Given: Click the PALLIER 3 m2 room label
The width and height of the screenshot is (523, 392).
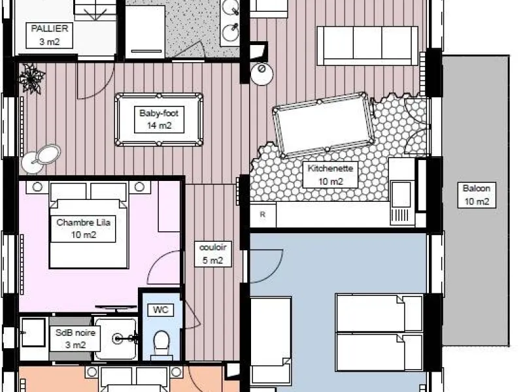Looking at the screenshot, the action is (x=50, y=35).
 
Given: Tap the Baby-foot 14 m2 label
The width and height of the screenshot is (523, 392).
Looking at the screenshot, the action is (x=159, y=120).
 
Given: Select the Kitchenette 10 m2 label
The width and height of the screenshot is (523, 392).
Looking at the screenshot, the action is (x=330, y=175).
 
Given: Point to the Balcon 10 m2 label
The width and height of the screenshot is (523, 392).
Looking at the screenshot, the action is (x=477, y=195).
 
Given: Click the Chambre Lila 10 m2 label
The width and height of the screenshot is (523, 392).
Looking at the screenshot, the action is (x=83, y=229).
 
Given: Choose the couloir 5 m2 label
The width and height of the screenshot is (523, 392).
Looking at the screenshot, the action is (x=213, y=254).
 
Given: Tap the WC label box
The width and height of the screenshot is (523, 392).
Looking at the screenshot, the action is (x=160, y=310).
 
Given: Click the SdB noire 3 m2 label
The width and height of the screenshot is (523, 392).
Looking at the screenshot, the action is (x=75, y=338).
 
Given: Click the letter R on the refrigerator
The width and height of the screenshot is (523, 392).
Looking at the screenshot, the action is (x=263, y=215).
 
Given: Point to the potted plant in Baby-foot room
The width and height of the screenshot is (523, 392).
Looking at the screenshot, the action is (x=31, y=78).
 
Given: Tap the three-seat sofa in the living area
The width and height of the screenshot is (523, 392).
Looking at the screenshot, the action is (x=367, y=46).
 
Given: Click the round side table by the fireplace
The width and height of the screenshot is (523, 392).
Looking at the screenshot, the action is (x=262, y=73).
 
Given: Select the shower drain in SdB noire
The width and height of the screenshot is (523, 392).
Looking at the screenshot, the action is (x=118, y=339).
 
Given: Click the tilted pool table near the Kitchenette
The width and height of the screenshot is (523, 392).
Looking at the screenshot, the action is (x=323, y=125).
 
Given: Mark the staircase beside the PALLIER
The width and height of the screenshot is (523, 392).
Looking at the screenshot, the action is (x=95, y=10).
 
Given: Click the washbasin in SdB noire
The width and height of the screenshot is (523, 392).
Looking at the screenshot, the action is (x=33, y=333).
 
